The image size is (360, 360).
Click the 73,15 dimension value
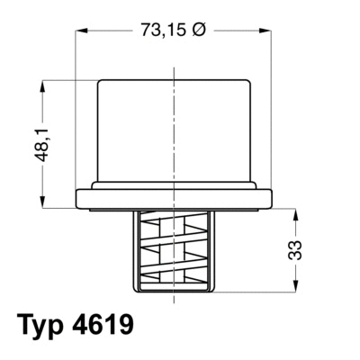pyautogui.click(x=161, y=30)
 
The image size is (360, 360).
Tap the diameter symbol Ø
pyautogui.click(x=201, y=30)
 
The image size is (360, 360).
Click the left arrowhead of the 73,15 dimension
pyautogui.click(x=79, y=30)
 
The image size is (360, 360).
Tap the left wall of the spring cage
pyautogui.click(x=138, y=252)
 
